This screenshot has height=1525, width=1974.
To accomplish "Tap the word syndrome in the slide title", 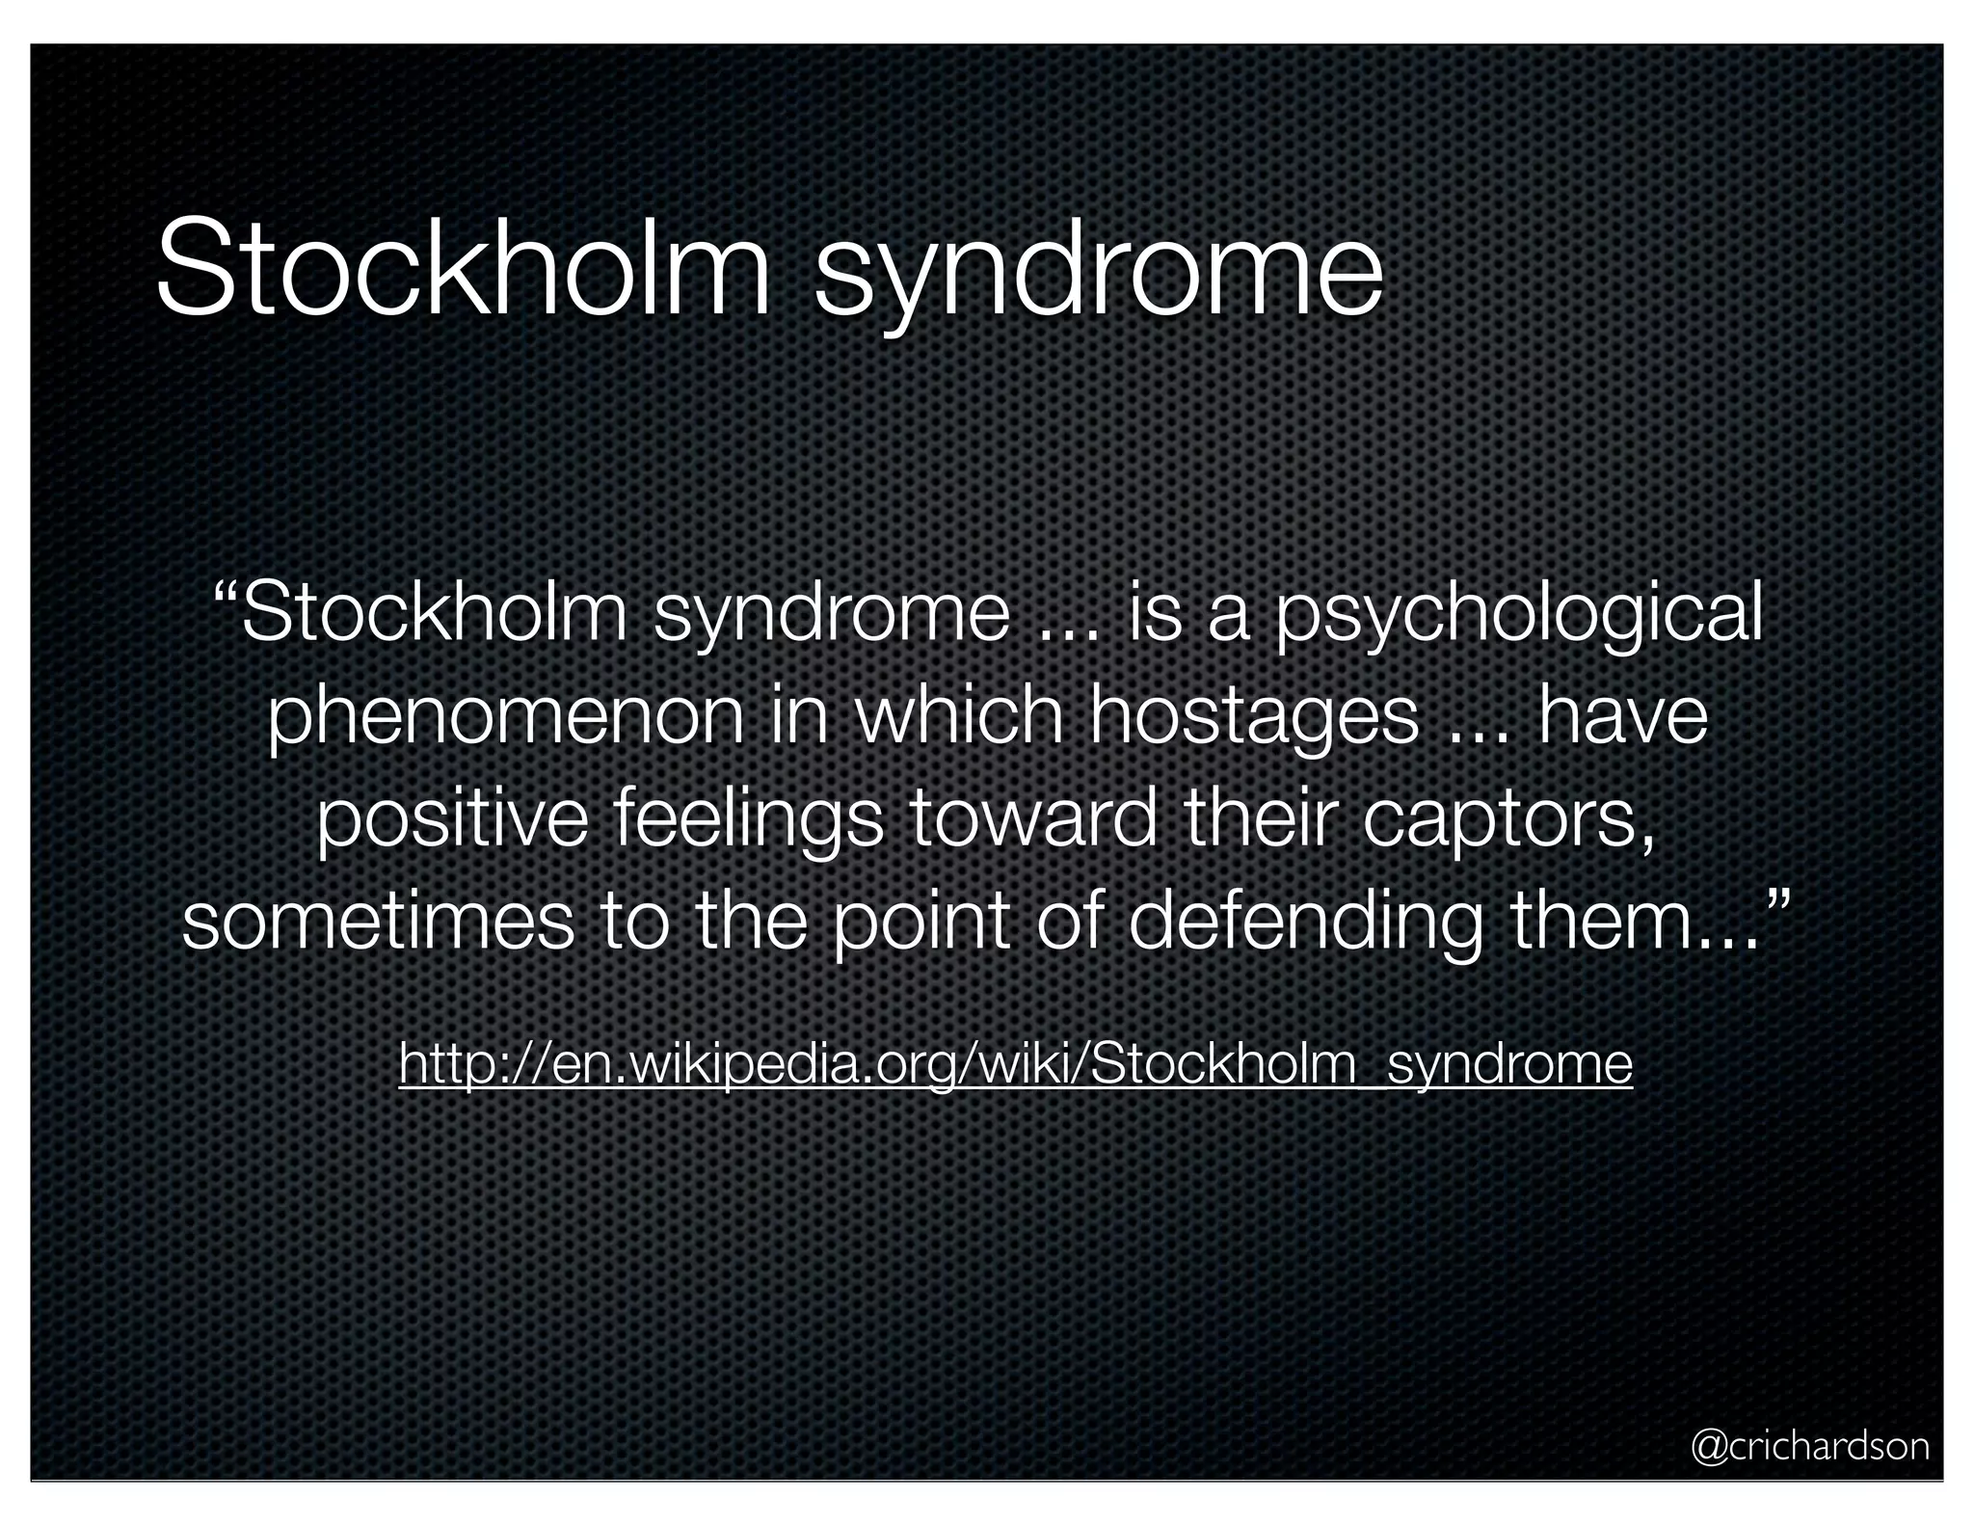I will click(1099, 275).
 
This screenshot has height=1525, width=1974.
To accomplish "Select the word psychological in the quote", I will click(1519, 617).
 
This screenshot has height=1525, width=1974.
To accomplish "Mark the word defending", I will click(1305, 923).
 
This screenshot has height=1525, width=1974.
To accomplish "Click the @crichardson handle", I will click(1810, 1446).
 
